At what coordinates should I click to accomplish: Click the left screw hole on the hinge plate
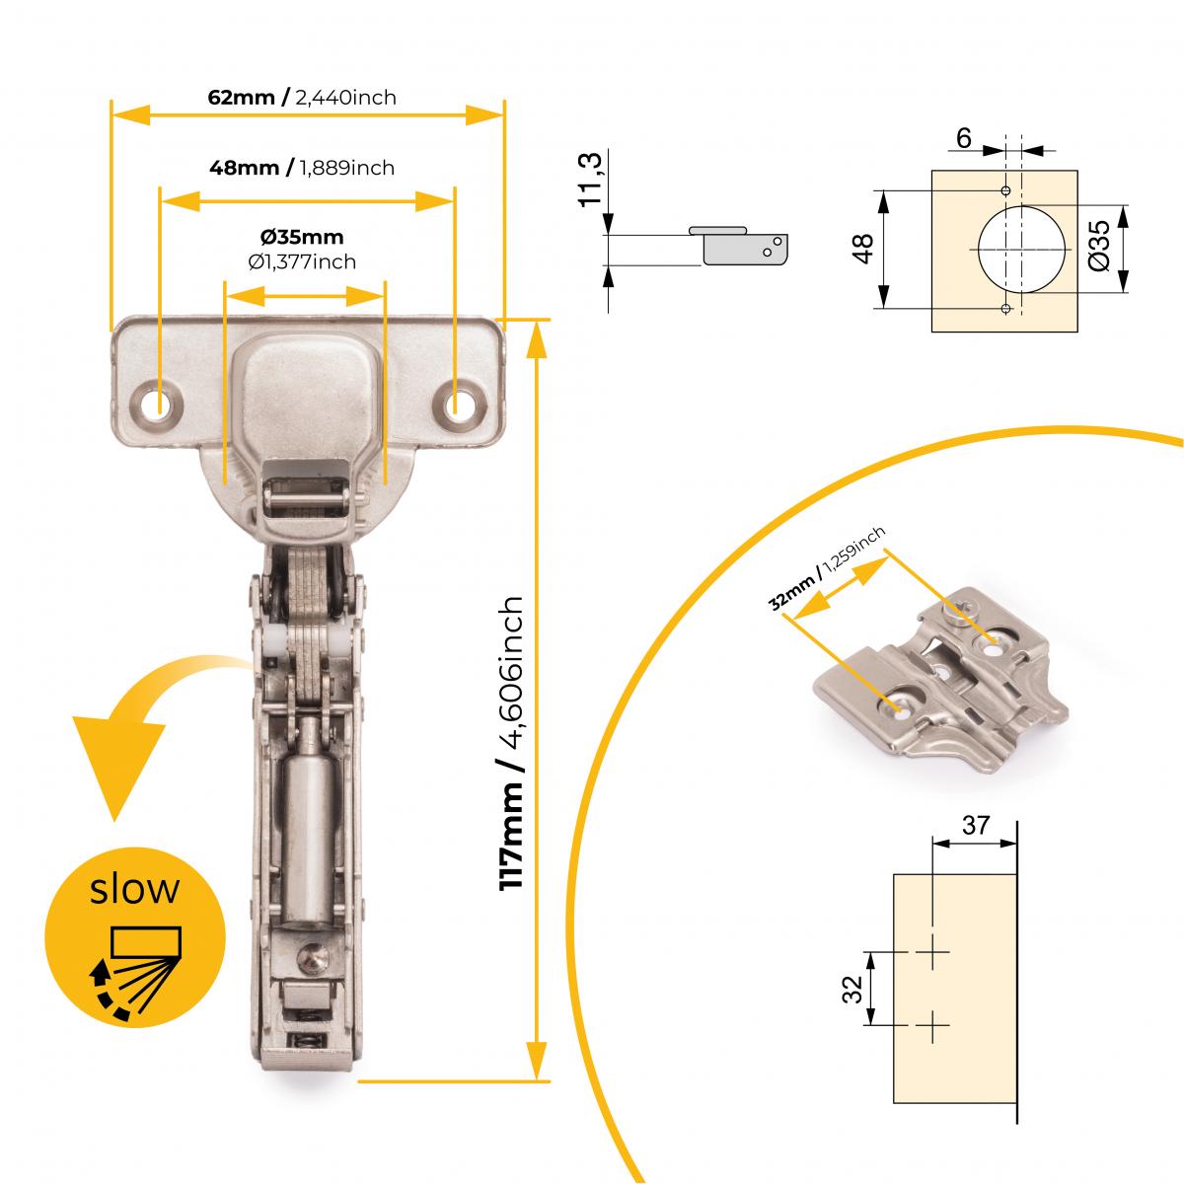(x=157, y=405)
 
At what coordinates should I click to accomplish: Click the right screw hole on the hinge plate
(x=458, y=405)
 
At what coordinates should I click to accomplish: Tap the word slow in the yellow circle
(x=134, y=889)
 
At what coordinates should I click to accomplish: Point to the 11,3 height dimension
(x=590, y=181)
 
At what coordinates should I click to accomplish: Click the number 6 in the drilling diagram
(x=963, y=139)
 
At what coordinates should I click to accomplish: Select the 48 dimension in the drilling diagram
(x=864, y=249)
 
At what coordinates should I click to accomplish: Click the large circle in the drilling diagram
(x=1022, y=250)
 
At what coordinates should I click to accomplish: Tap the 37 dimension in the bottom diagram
(x=975, y=825)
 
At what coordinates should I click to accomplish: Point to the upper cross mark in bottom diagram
(x=931, y=953)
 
